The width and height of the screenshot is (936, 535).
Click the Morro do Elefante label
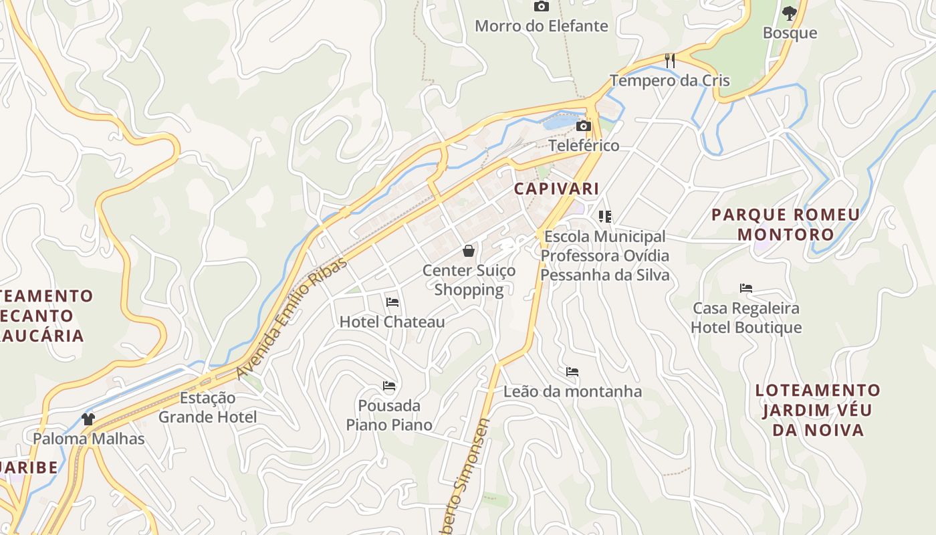(542, 26)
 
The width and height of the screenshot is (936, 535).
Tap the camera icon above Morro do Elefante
(542, 7)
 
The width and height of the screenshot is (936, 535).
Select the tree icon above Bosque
(790, 13)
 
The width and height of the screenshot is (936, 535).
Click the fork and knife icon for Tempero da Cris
(670, 61)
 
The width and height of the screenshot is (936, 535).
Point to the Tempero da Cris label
(670, 81)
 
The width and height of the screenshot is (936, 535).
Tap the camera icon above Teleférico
(584, 126)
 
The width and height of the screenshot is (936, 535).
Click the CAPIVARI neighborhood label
(556, 189)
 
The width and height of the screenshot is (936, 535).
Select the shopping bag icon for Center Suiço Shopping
(469, 251)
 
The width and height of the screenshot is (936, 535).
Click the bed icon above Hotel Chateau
(392, 302)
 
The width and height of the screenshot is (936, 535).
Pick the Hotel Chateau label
(392, 322)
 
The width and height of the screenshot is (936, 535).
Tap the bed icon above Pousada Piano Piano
(389, 386)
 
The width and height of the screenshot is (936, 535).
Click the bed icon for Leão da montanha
(572, 372)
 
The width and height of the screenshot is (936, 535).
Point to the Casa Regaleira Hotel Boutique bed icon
(746, 288)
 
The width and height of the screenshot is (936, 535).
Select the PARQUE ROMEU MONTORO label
(786, 225)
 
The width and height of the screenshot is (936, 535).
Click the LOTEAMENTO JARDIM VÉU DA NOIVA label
(818, 410)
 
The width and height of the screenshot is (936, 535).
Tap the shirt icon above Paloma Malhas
(88, 419)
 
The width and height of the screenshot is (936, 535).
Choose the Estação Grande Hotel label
(207, 407)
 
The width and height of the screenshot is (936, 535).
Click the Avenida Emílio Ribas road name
(292, 318)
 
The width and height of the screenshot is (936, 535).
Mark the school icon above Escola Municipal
(605, 216)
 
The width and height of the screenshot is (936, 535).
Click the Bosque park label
(790, 33)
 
